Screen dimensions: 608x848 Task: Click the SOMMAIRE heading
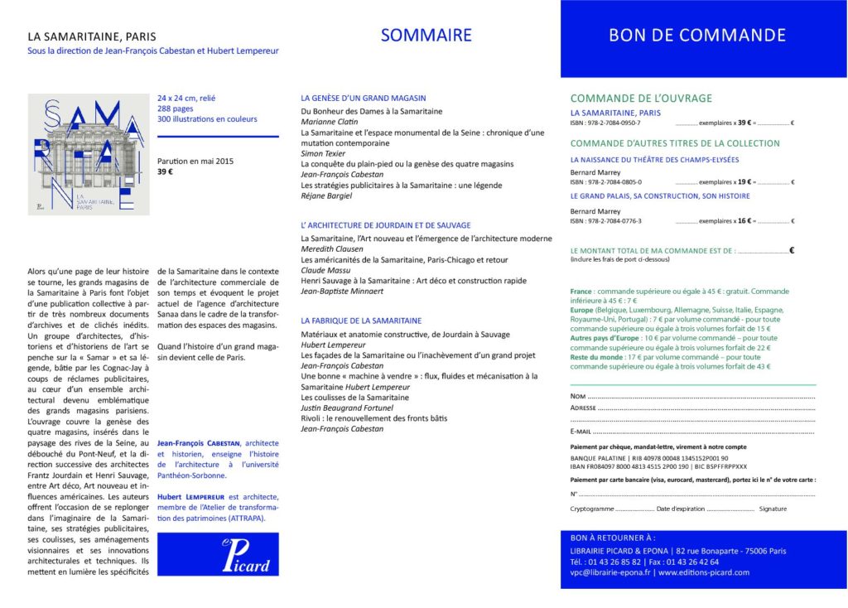pyautogui.click(x=426, y=36)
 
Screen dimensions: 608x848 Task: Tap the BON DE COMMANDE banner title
pyautogui.click(x=696, y=36)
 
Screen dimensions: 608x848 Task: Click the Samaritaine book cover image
pyautogui.click(x=89, y=154)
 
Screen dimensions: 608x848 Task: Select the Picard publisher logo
pyautogui.click(x=218, y=553)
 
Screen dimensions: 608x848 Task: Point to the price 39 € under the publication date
pyautogui.click(x=166, y=172)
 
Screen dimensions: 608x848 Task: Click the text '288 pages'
pyautogui.click(x=176, y=109)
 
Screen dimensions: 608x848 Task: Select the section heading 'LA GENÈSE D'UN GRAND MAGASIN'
pyautogui.click(x=363, y=98)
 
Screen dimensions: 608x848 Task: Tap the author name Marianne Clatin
pyautogui.click(x=325, y=122)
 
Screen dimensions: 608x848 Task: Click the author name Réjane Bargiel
pyautogui.click(x=325, y=195)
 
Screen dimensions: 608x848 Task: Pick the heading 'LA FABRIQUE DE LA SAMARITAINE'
pyautogui.click(x=361, y=320)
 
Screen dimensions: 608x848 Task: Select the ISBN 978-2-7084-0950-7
pyautogui.click(x=605, y=123)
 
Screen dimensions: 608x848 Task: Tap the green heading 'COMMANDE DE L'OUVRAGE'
pyautogui.click(x=641, y=99)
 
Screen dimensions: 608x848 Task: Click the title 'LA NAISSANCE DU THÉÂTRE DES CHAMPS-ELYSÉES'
pyautogui.click(x=654, y=159)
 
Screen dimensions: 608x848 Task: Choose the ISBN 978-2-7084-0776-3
pyautogui.click(x=606, y=221)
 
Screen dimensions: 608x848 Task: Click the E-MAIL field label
pyautogui.click(x=581, y=432)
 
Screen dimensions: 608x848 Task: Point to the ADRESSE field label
pyautogui.click(x=583, y=408)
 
